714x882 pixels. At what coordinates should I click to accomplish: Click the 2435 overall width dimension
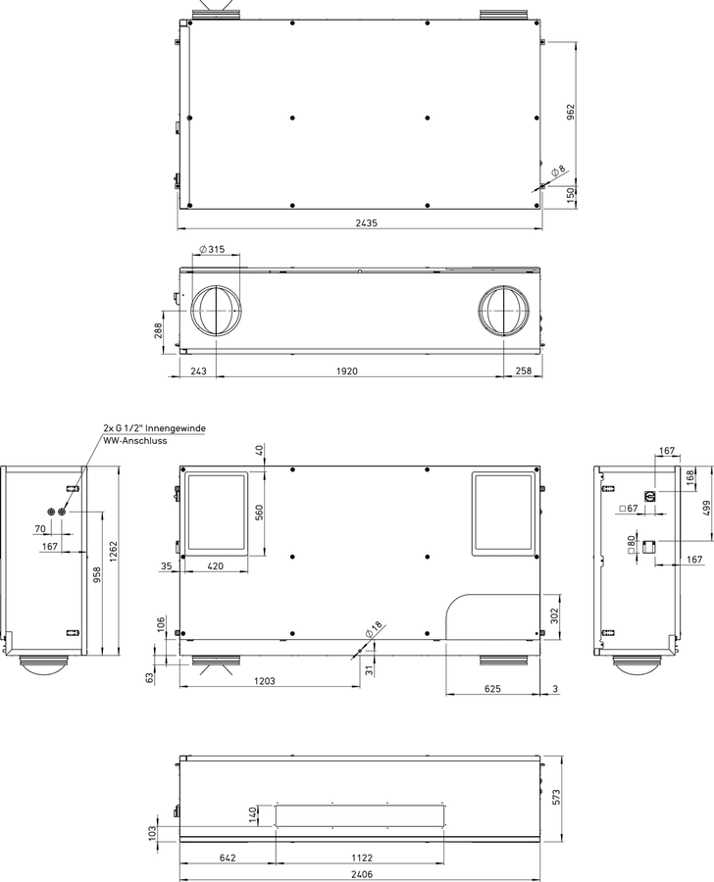[x=366, y=222]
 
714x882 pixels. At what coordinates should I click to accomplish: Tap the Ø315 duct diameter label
[x=212, y=249]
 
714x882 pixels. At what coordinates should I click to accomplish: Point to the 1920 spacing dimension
[x=347, y=370]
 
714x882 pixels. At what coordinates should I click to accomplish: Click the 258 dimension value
[x=523, y=370]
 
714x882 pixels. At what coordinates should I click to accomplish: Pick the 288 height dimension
[x=158, y=330]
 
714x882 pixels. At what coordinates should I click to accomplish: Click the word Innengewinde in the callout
[x=177, y=428]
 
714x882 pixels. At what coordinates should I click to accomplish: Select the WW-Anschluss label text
[x=135, y=440]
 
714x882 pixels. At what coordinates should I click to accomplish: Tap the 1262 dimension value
[x=113, y=553]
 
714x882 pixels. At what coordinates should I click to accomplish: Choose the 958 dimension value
[x=97, y=573]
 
